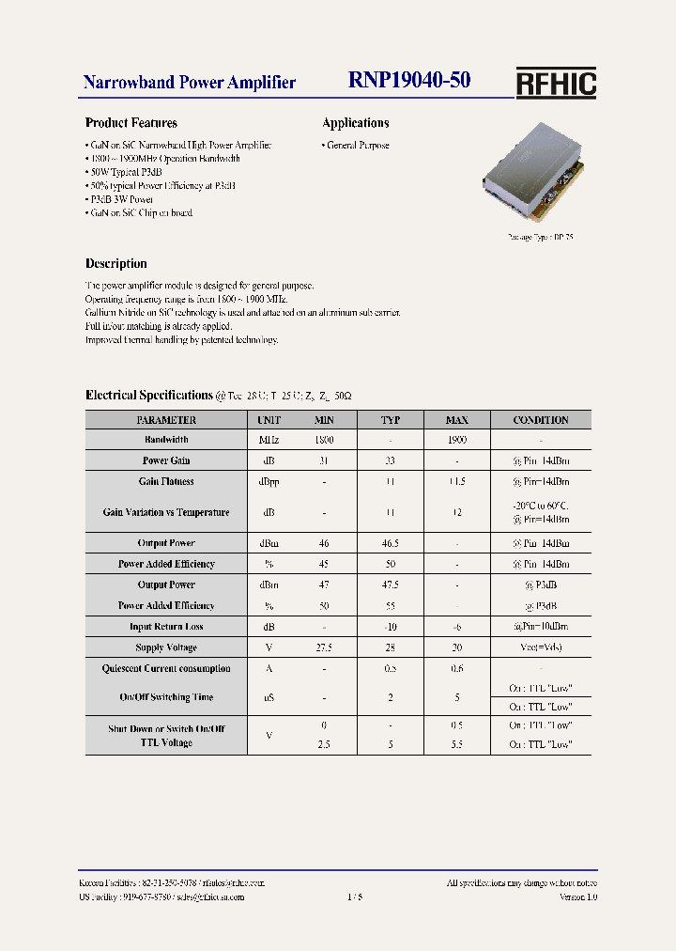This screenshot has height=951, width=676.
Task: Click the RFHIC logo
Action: pyautogui.click(x=556, y=84)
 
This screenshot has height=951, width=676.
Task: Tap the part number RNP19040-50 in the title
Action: pyautogui.click(x=409, y=82)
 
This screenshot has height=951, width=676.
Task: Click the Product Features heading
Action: pyautogui.click(x=131, y=123)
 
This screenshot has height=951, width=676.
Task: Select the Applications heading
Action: pyautogui.click(x=356, y=123)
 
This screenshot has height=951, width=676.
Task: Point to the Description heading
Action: pyautogui.click(x=116, y=264)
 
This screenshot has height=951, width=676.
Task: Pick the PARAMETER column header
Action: pyautogui.click(x=166, y=420)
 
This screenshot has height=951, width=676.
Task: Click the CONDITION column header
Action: pyautogui.click(x=541, y=420)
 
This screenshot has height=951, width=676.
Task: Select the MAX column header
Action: pyautogui.click(x=456, y=420)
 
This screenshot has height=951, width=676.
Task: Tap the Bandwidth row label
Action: pyautogui.click(x=166, y=440)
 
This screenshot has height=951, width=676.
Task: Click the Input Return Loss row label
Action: pyautogui.click(x=166, y=627)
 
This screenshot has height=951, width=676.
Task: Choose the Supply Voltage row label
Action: pyautogui.click(x=166, y=647)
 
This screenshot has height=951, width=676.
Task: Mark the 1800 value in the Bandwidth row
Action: pyautogui.click(x=324, y=440)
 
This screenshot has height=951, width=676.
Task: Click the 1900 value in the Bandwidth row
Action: pyautogui.click(x=456, y=440)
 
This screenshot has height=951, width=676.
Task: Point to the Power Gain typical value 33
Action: pyautogui.click(x=390, y=460)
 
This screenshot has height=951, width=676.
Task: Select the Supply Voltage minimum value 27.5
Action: pyautogui.click(x=324, y=647)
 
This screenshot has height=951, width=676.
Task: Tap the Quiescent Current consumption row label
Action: pyautogui.click(x=166, y=669)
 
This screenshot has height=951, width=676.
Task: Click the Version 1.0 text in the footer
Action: pyautogui.click(x=578, y=897)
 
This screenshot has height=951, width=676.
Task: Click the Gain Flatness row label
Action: pyautogui.click(x=166, y=481)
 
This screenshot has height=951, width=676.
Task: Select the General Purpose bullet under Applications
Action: pyautogui.click(x=358, y=146)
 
